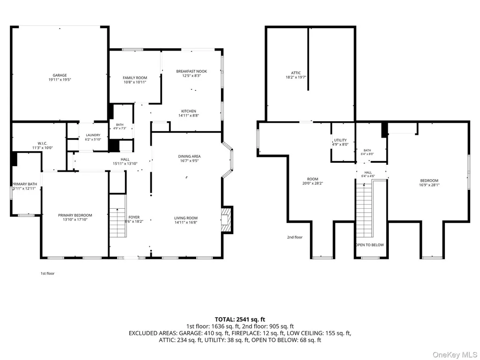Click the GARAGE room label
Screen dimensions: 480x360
(59, 75)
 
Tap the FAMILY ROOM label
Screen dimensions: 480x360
(135, 78)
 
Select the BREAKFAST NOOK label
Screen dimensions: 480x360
(192, 71)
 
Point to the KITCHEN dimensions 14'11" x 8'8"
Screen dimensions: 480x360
(189, 116)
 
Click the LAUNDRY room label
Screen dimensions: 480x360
(93, 135)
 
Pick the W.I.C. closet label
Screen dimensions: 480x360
(42, 143)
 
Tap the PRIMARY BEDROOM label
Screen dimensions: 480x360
(75, 215)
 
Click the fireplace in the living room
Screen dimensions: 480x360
(227, 220)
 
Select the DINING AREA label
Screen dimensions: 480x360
(190, 156)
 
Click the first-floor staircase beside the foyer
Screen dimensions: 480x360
(118, 223)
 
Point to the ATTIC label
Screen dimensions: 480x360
(295, 73)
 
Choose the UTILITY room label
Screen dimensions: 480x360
(340, 140)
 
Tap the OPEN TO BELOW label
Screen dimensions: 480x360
(370, 245)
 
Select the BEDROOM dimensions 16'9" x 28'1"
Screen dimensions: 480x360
(429, 185)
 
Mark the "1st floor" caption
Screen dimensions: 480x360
(47, 273)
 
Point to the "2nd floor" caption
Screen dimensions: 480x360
(295, 237)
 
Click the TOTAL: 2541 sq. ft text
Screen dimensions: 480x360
(240, 320)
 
